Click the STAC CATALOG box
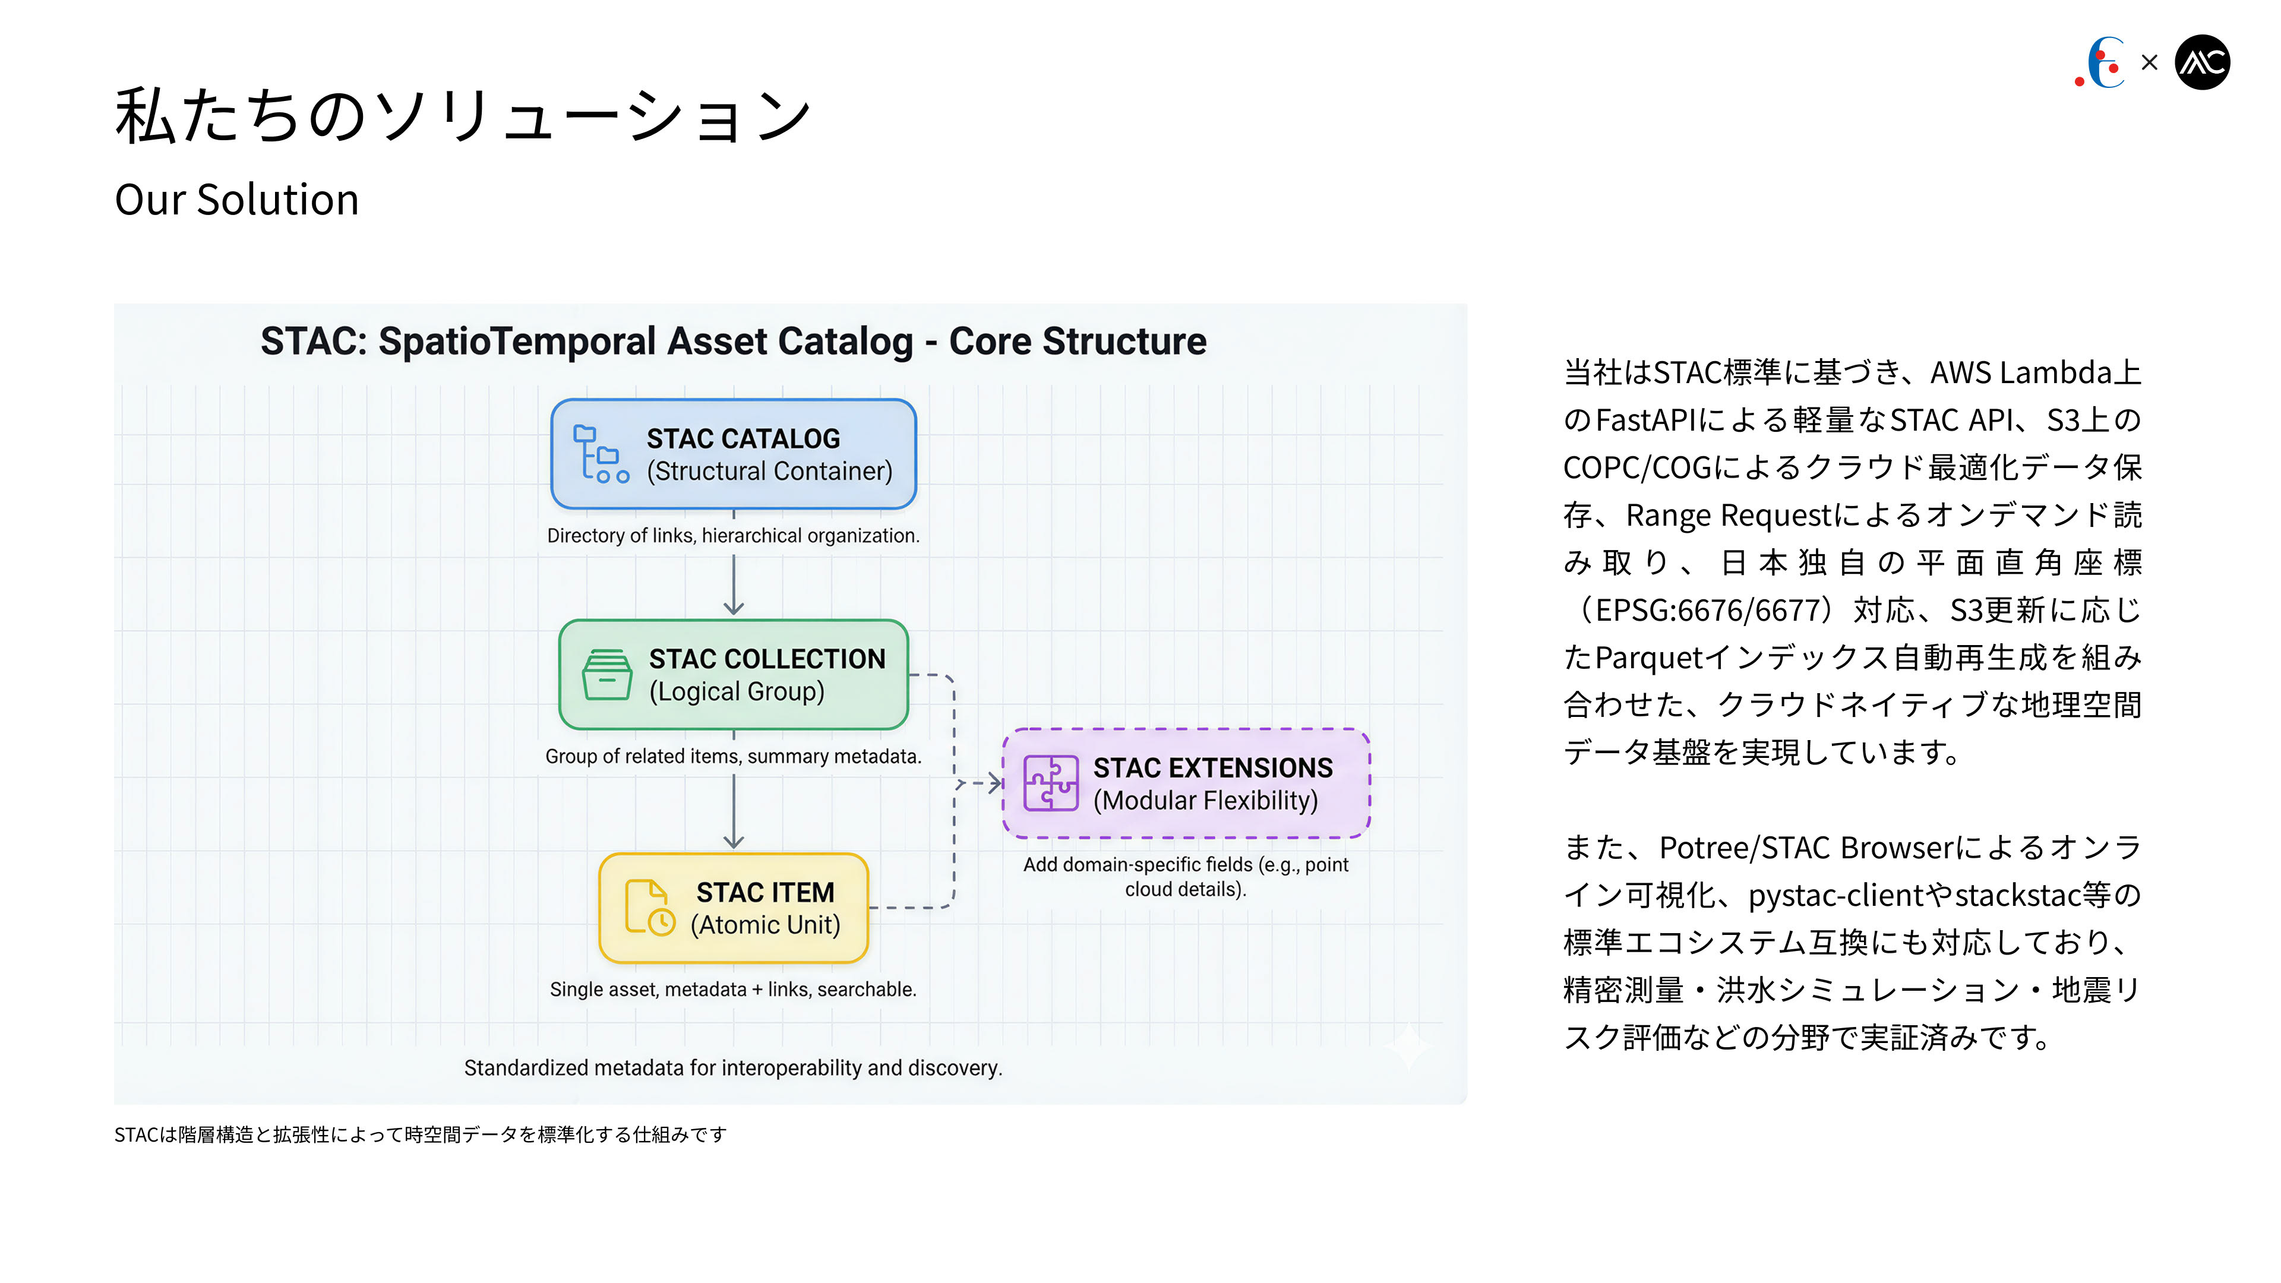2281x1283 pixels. click(x=733, y=454)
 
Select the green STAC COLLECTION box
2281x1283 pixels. click(x=733, y=675)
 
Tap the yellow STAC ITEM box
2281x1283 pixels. click(x=733, y=908)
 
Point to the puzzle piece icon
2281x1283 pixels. click(x=1050, y=783)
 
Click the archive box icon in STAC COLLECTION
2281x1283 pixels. click(x=606, y=675)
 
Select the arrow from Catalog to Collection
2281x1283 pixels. click(x=733, y=584)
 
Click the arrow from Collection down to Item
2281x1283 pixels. click(x=733, y=812)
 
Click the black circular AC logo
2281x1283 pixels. click(x=2202, y=62)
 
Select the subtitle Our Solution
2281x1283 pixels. click(x=236, y=199)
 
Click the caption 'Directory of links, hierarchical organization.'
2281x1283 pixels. click(x=733, y=536)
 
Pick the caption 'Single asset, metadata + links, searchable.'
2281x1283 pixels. click(x=733, y=989)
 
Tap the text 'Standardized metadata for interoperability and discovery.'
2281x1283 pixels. click(x=733, y=1068)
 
